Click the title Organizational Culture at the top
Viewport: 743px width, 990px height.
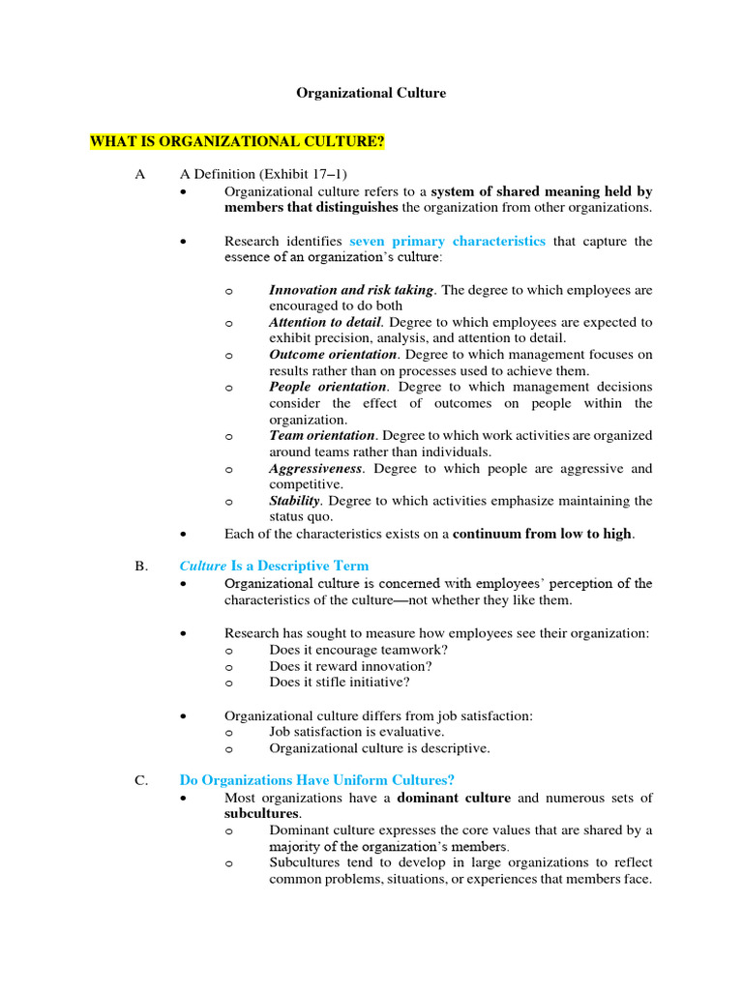[371, 94]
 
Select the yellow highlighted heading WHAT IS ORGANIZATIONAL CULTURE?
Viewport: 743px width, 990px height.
[237, 142]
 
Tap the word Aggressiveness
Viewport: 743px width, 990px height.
[315, 469]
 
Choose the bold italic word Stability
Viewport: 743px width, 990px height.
[294, 501]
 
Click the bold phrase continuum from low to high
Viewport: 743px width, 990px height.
[542, 534]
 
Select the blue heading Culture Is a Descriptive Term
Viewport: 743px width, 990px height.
[274, 566]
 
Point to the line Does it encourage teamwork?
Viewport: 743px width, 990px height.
[358, 650]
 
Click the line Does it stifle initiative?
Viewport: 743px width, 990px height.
[339, 682]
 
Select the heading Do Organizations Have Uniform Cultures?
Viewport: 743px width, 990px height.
[316, 780]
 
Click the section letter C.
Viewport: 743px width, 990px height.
[140, 780]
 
